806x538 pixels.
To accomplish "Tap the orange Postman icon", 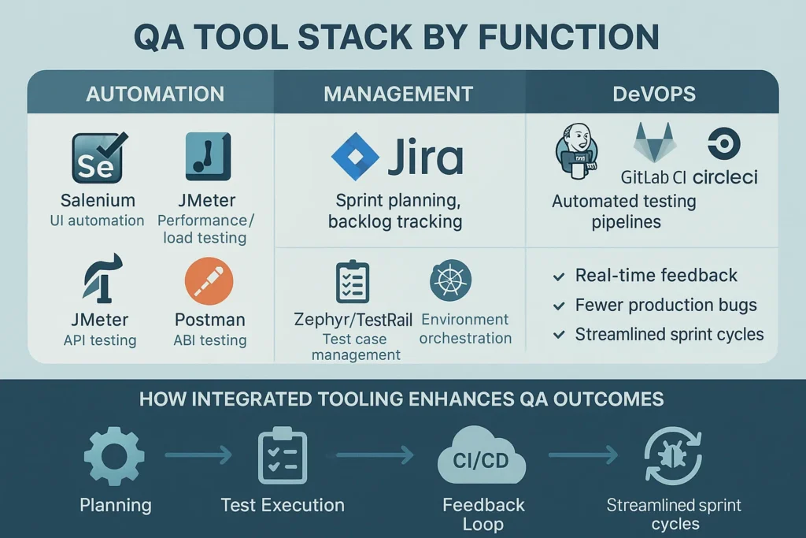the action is pos(209,281).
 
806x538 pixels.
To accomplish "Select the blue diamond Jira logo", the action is pos(355,157).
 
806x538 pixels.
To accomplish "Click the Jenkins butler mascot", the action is pos(576,151).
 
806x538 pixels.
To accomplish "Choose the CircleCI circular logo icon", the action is pos(724,143).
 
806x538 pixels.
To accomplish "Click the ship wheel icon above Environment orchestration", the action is pos(450,280).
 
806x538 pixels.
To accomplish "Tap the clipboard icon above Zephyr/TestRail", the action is pos(353,281).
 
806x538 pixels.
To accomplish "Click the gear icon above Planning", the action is pos(114,456).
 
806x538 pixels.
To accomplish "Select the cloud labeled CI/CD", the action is pos(482,456).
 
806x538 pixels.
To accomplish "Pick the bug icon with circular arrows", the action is pos(673,456).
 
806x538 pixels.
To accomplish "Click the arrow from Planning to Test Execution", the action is pos(199,455).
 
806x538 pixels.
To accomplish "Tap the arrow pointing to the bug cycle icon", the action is pos(583,455).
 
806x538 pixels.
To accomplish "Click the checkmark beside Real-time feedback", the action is pos(559,276).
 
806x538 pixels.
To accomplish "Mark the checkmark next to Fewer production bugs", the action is pos(559,306).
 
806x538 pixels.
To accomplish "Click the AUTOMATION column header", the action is pos(155,94).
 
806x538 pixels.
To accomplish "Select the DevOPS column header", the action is pos(654,94).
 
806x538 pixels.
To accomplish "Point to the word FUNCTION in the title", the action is pos(568,37).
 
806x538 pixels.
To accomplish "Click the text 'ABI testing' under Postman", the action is pos(209,340).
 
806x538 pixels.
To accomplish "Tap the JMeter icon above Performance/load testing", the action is pos(208,157).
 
